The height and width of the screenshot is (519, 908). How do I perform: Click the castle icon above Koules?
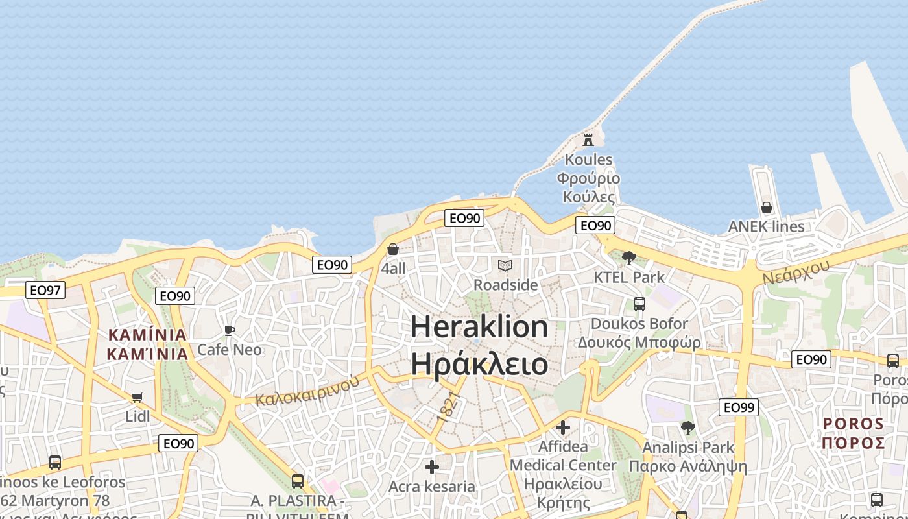(x=588, y=139)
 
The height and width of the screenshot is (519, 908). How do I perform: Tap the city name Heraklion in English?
(x=479, y=326)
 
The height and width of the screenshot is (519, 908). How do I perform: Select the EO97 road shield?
(x=45, y=290)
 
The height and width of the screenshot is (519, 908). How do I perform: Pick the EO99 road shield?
(x=739, y=407)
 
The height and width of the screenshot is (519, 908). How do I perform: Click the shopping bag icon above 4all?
(x=392, y=250)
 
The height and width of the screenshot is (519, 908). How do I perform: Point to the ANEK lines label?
(x=766, y=226)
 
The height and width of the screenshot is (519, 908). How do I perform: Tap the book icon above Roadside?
(x=505, y=265)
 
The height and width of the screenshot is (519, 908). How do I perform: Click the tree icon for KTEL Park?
(x=628, y=258)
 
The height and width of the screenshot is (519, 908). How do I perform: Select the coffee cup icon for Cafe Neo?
(x=229, y=330)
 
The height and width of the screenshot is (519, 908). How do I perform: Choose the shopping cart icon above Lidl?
(x=137, y=397)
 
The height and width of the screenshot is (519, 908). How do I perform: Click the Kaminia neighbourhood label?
(x=147, y=344)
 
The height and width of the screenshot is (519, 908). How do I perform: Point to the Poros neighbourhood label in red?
(x=853, y=433)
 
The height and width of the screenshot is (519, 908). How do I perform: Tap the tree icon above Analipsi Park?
(x=687, y=428)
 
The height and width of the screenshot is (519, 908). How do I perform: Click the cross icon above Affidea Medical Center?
(x=562, y=428)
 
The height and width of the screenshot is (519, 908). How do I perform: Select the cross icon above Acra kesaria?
(x=431, y=467)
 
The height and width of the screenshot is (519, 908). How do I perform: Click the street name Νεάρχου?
(x=796, y=272)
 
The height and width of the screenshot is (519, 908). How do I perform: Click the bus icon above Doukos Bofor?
(x=639, y=304)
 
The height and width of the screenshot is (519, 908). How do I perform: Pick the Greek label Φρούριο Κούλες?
(x=588, y=187)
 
